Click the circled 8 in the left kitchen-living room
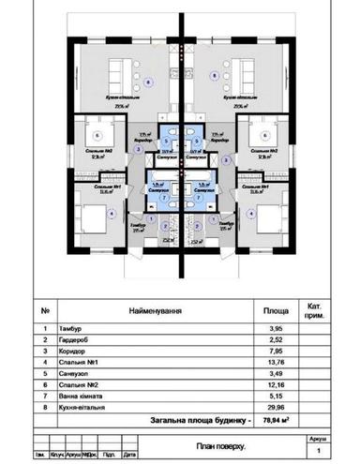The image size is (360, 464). pyautogui.click(x=148, y=82)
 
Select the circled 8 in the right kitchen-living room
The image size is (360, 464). pyautogui.click(x=214, y=73)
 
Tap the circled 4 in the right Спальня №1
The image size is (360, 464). pyautogui.click(x=250, y=212)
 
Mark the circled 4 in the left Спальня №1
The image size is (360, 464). pyautogui.click(x=112, y=212)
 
